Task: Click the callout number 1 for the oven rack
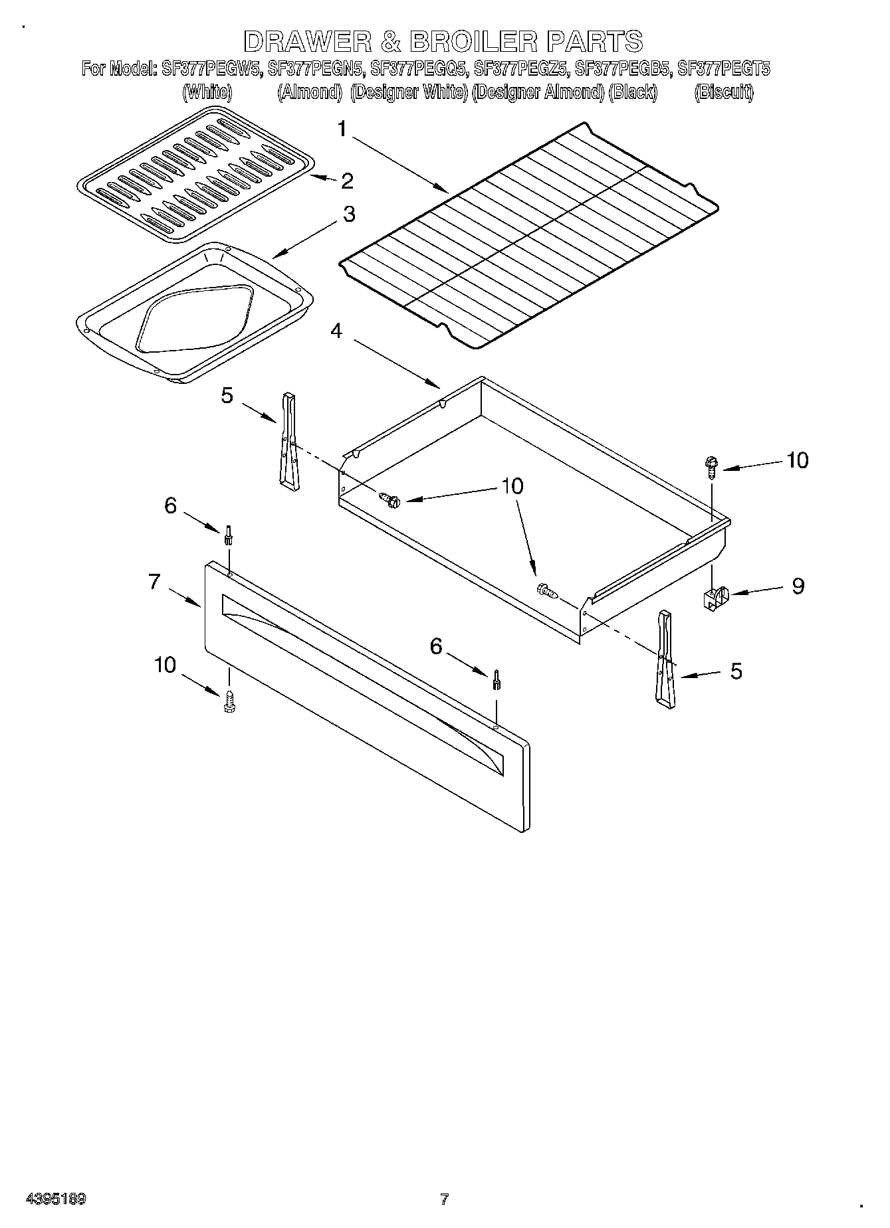pyautogui.click(x=342, y=130)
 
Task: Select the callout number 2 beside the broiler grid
pyautogui.click(x=347, y=181)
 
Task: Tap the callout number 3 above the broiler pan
pyautogui.click(x=348, y=215)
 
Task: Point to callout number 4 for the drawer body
pyautogui.click(x=337, y=330)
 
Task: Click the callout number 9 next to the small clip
pyautogui.click(x=798, y=586)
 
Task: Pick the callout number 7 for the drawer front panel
pyautogui.click(x=154, y=582)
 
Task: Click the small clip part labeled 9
pyautogui.click(x=715, y=597)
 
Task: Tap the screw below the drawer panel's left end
pyautogui.click(x=229, y=701)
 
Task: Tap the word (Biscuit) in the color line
pyautogui.click(x=724, y=92)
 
